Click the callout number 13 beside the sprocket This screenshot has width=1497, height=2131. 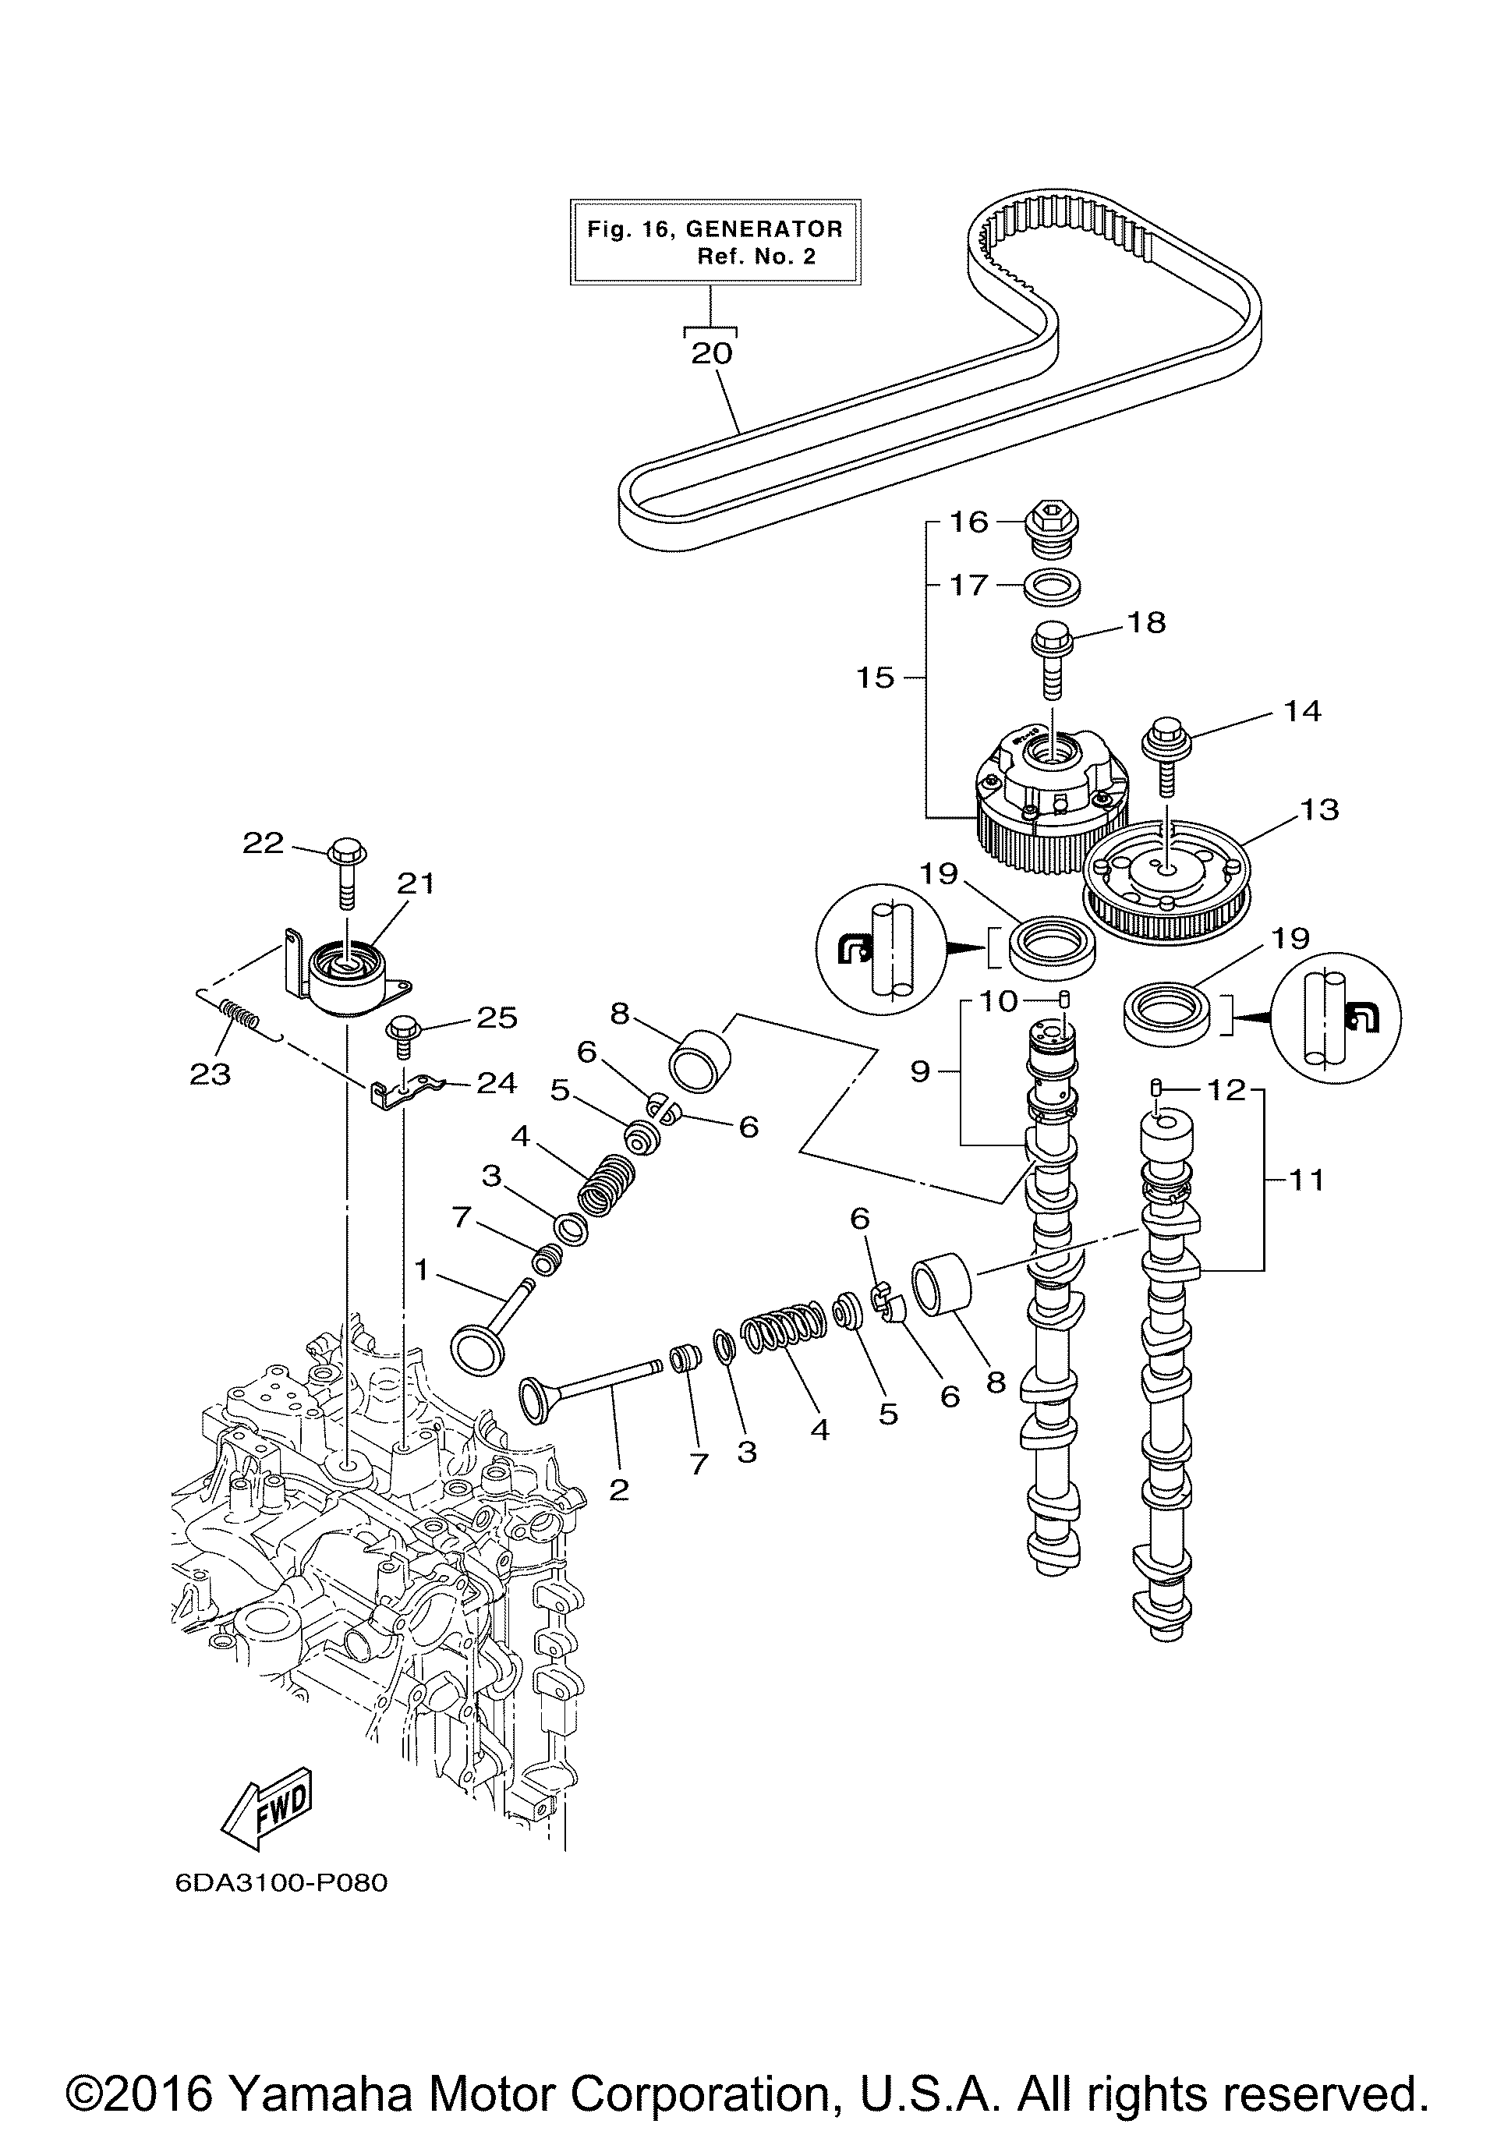pos(1321,809)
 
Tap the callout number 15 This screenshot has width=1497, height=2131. pos(875,678)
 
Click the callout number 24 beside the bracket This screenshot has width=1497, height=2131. pos(497,1083)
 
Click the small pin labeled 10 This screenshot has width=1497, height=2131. pos(1065,1000)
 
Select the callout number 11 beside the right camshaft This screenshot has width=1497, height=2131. pos(1308,1181)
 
